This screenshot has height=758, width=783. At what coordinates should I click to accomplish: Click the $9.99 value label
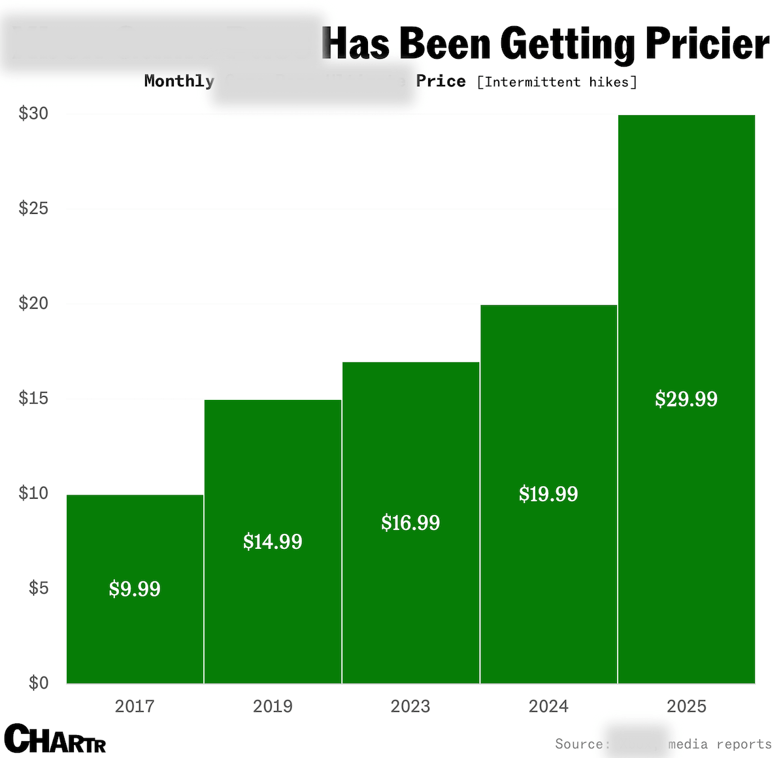pos(135,589)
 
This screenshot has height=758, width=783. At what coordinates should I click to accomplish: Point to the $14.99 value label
pos(273,542)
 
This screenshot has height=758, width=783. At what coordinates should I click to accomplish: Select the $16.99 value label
pos(410,523)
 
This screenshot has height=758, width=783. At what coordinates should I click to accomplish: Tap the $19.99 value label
pos(548,494)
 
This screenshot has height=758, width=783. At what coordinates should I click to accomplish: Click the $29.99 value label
pos(686,399)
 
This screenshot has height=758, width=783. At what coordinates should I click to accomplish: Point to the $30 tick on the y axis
pos(33,114)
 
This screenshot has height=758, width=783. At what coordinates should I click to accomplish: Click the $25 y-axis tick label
pos(33,208)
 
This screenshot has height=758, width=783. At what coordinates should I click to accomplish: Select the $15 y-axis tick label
pos(33,398)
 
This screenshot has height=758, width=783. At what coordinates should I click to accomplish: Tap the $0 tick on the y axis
pos(39,683)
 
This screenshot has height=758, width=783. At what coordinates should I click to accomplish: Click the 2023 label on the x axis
pos(410,706)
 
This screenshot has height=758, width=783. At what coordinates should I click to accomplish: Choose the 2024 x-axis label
pos(548,706)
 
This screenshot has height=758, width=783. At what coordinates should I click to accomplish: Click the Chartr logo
pos(55,739)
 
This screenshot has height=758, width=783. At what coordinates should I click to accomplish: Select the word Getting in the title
pos(567,44)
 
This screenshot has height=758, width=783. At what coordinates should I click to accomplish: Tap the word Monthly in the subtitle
pos(179,81)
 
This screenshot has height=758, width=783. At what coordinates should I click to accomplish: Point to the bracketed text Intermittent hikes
pos(557,82)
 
